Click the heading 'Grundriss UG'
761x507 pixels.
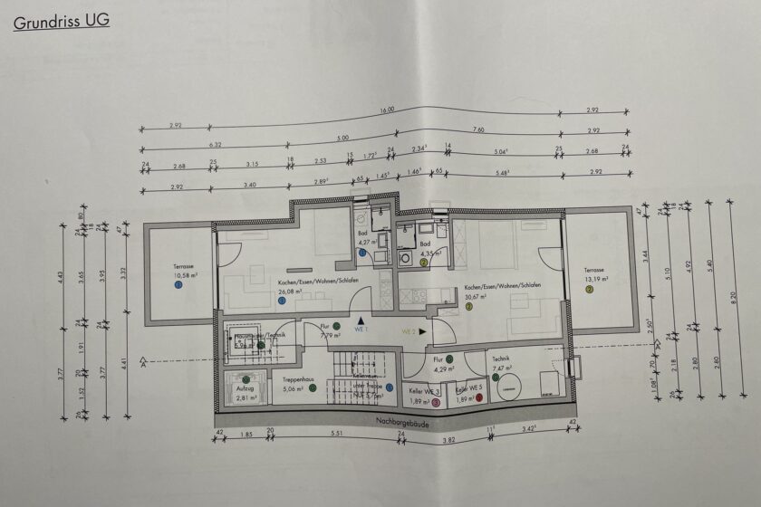pyautogui.click(x=62, y=21)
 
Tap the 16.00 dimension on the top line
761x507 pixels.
pyautogui.click(x=386, y=110)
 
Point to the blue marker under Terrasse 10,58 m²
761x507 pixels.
pyautogui.click(x=178, y=285)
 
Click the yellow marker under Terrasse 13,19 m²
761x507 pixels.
pyautogui.click(x=589, y=289)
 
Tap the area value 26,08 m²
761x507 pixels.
pyautogui.click(x=290, y=292)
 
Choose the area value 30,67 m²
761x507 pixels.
pyautogui.click(x=477, y=295)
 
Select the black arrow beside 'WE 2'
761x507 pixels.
pyautogui.click(x=422, y=332)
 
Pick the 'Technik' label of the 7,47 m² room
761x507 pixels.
pyautogui.click(x=500, y=359)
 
